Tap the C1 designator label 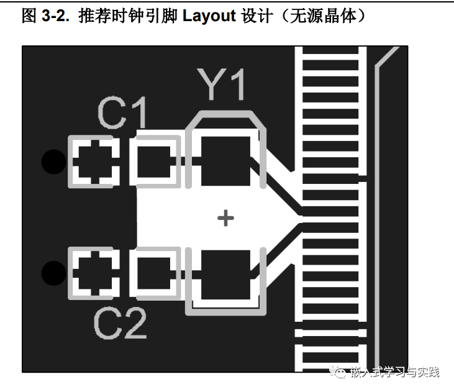(x=124, y=113)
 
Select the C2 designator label (x=120, y=323)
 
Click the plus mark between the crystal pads (x=225, y=217)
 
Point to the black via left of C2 (x=53, y=272)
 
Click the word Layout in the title (x=210, y=17)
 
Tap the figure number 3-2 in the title (x=57, y=17)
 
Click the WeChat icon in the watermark (x=339, y=372)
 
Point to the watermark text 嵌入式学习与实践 (x=394, y=372)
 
